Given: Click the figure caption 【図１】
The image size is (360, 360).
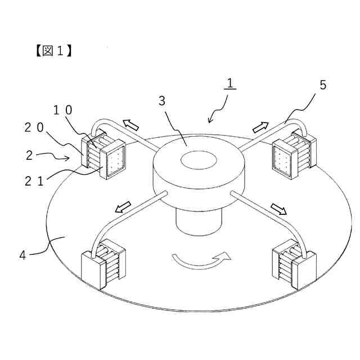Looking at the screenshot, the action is pos(51,50).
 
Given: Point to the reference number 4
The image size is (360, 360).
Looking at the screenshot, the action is pos(22,254).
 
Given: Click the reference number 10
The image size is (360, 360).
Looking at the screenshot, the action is pos(62,110).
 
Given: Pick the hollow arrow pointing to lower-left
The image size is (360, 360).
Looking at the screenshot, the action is pos(123,209).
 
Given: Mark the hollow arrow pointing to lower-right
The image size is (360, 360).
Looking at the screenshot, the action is pos(278,209).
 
